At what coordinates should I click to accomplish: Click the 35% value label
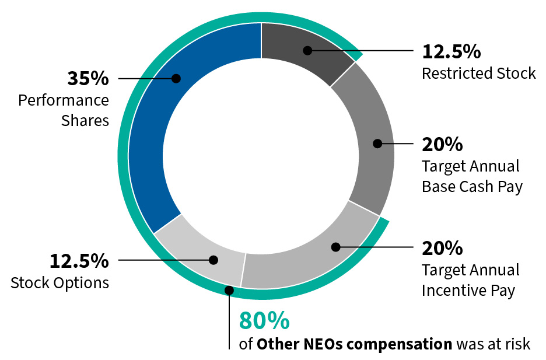tap(87, 78)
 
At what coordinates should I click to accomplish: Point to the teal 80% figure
tap(264, 321)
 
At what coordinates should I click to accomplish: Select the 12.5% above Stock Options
tap(79, 261)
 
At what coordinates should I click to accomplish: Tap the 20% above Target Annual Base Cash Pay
tap(442, 144)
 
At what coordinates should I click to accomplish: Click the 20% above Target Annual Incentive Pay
tap(442, 248)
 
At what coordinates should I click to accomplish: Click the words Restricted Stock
tap(478, 74)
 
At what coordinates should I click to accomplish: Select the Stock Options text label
tap(60, 283)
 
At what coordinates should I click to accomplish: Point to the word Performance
tap(64, 100)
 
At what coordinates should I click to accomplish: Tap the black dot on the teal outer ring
tap(230, 290)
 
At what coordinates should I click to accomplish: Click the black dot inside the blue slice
tap(176, 78)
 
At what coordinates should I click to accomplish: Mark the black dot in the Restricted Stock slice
tap(307, 51)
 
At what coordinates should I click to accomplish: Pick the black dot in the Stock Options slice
tap(213, 260)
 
